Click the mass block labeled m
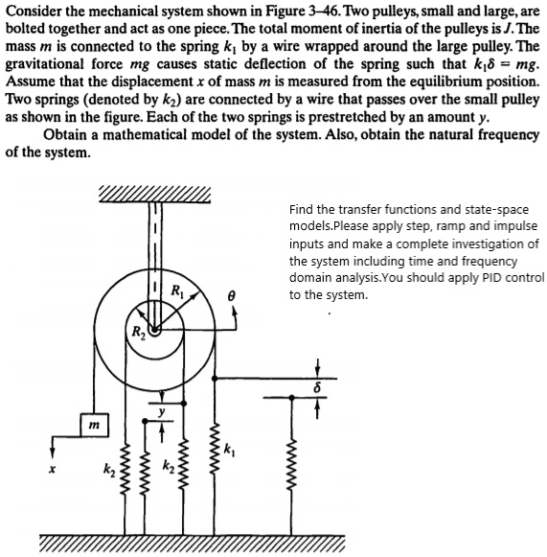pos(92,423)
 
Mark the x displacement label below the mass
pos(57,469)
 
